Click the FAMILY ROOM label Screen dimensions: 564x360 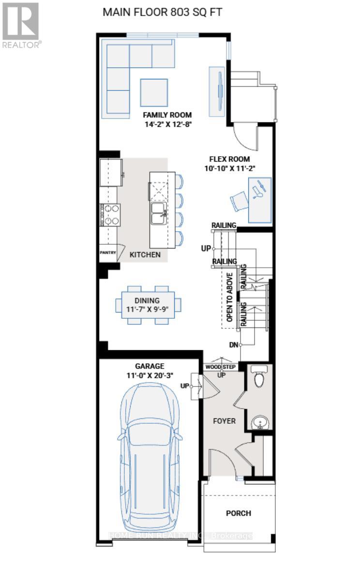pos(167,115)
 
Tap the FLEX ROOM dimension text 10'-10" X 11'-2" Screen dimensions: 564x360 pos(229,168)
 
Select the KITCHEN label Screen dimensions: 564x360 pos(145,254)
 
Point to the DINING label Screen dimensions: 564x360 pos(148,300)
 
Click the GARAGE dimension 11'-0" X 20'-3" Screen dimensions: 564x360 pos(150,375)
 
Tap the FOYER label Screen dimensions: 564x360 pos(225,421)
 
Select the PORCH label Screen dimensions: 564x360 pos(239,513)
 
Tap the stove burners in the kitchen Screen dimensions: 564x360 pos(110,215)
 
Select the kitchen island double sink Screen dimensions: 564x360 pos(159,213)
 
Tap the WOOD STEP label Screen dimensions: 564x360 pos(220,367)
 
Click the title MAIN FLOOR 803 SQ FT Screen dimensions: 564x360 pos(162,12)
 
